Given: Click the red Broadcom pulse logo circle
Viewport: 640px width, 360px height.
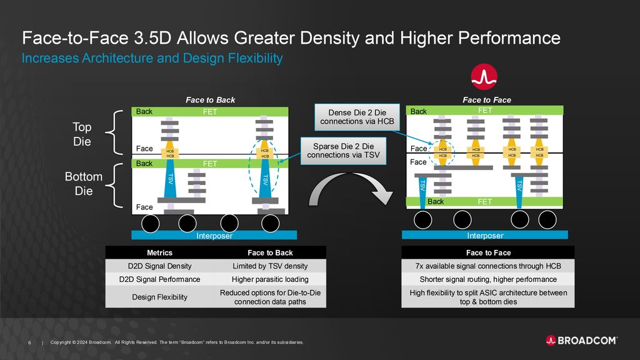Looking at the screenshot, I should click(x=484, y=77).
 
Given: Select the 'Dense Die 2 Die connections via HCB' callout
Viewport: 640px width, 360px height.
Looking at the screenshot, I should click(x=356, y=117).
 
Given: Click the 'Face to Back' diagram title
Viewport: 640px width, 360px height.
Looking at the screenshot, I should click(x=211, y=100).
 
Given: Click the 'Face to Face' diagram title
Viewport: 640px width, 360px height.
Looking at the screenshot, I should click(x=486, y=100).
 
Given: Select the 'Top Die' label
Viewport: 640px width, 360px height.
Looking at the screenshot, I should click(x=82, y=134).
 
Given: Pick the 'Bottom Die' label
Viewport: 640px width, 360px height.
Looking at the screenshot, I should click(x=83, y=184).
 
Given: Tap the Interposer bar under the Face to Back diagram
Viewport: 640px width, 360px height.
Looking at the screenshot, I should click(x=214, y=236).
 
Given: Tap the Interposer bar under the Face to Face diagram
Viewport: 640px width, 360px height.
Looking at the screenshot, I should click(x=484, y=236).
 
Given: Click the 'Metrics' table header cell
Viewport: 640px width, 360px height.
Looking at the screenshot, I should click(x=159, y=253).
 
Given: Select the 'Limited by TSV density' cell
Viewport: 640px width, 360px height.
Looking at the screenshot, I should click(x=270, y=266).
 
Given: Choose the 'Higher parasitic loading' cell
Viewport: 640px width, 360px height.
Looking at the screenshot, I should click(x=270, y=279).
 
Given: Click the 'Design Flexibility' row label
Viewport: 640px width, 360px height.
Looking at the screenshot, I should click(x=159, y=297).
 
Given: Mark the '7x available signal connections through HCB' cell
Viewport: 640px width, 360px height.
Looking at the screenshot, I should click(x=488, y=266).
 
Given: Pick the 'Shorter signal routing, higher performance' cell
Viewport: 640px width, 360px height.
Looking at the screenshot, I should click(x=488, y=279).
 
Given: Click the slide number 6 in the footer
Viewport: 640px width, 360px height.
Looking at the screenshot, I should click(x=30, y=342).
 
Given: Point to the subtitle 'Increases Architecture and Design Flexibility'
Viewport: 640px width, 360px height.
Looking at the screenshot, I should click(x=152, y=59).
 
